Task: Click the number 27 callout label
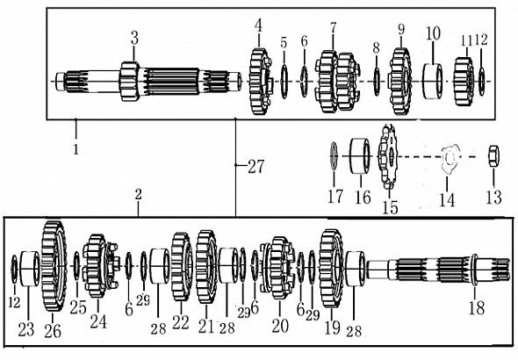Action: [x=256, y=167]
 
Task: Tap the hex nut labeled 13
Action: [x=493, y=156]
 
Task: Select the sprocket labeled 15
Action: [x=388, y=156]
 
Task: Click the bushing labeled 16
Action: [x=360, y=156]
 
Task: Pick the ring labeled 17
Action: [x=334, y=156]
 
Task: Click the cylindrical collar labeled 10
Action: [x=433, y=82]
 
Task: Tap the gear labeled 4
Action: [x=261, y=82]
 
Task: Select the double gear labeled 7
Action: [x=336, y=82]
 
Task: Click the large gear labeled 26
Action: [x=54, y=266]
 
